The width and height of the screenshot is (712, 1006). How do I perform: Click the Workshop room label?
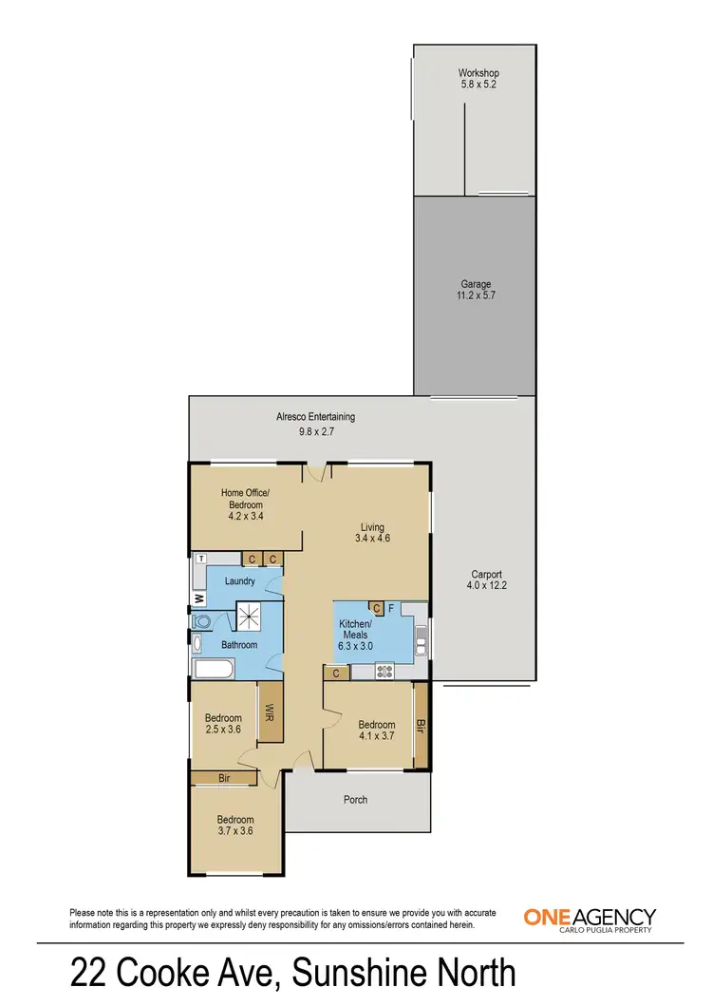478,73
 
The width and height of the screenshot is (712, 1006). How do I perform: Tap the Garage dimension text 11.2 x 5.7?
478,296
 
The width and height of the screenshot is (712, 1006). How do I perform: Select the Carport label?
486,574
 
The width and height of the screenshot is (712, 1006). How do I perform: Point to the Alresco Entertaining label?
315,416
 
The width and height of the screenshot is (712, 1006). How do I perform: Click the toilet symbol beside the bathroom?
200,621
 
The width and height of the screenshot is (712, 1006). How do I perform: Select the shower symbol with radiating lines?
249,617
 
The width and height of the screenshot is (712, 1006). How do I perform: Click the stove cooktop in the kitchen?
385,671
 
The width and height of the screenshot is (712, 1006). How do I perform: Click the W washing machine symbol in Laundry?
199,598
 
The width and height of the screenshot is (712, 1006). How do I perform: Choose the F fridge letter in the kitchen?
391,608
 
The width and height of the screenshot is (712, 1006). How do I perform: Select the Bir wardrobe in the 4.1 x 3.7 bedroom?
420,728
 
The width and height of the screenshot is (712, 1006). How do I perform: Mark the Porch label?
355,800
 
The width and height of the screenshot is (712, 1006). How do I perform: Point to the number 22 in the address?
89,974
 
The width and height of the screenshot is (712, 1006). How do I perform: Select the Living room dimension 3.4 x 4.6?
372,538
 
